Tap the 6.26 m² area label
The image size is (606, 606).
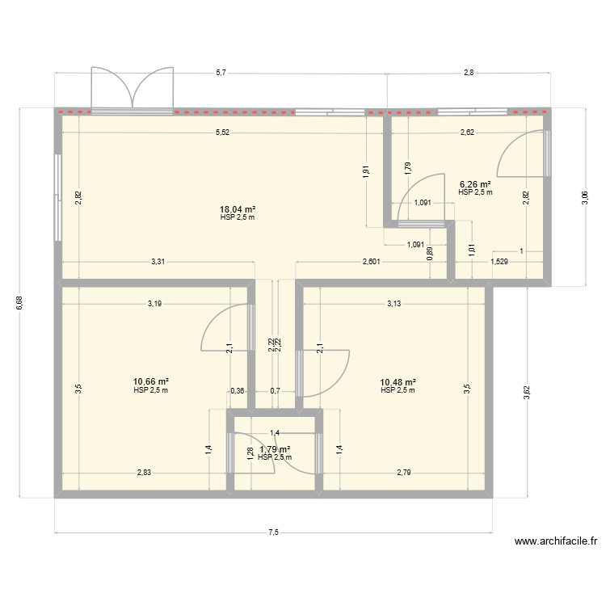(x=475, y=183)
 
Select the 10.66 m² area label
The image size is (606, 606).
(x=151, y=381)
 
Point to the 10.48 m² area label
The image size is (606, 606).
(x=398, y=381)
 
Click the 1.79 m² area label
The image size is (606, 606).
(x=275, y=449)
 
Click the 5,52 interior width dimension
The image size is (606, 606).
(x=221, y=132)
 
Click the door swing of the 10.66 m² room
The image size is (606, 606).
(x=225, y=328)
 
